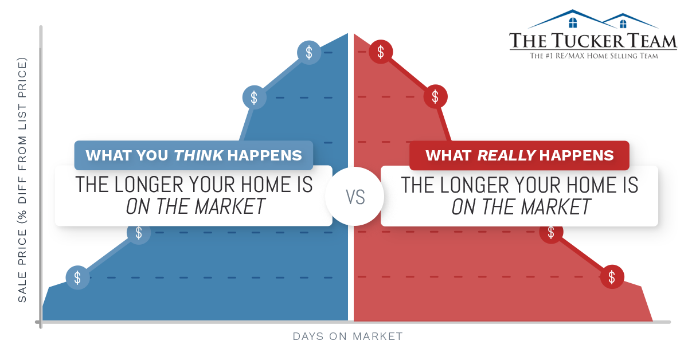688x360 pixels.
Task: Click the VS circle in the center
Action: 355,197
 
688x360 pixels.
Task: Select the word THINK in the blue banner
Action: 198,155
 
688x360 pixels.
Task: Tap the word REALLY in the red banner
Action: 507,155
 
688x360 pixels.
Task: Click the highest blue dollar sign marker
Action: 309,53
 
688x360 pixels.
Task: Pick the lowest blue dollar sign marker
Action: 78,277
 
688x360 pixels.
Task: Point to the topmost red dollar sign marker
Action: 381,52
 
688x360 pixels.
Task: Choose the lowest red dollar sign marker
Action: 612,277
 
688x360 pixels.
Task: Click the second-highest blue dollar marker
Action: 255,97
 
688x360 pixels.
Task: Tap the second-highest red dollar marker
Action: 435,97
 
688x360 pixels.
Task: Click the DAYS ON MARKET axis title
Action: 347,336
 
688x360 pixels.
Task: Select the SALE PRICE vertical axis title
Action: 22,179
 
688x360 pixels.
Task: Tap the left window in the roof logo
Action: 573,23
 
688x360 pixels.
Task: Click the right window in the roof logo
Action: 623,24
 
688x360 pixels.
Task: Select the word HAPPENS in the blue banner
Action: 264,155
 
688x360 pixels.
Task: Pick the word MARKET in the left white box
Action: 230,206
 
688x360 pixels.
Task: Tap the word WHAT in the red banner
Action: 448,155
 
